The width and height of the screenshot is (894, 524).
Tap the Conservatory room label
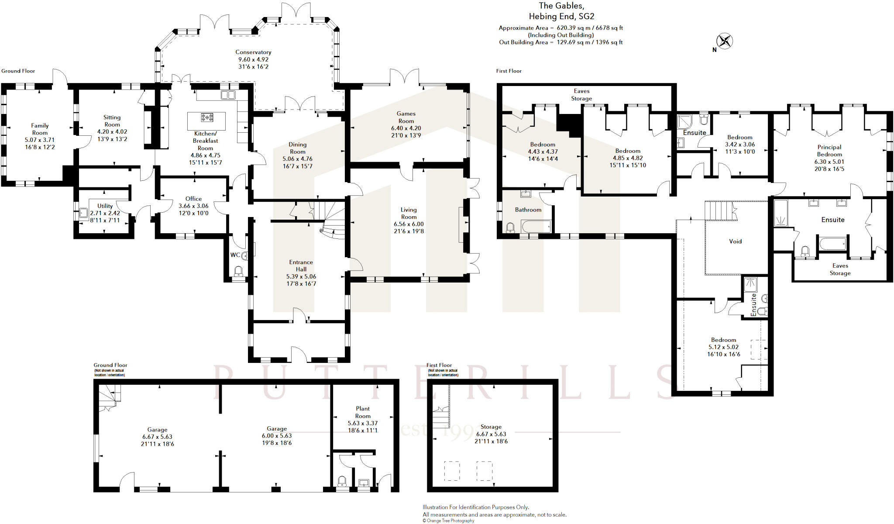(x=253, y=52)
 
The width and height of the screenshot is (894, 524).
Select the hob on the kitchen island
(x=207, y=117)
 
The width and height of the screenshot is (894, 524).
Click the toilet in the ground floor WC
(x=238, y=272)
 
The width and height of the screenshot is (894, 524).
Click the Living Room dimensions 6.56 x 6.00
(x=409, y=224)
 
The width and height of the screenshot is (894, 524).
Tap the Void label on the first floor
(x=735, y=241)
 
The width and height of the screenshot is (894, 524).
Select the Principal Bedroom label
(x=829, y=151)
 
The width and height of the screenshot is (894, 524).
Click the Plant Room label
(x=362, y=412)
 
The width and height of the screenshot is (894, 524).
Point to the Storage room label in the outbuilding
(x=491, y=427)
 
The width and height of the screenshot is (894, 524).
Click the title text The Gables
(x=561, y=6)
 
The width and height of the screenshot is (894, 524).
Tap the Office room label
(x=193, y=198)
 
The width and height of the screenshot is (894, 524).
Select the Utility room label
(x=105, y=206)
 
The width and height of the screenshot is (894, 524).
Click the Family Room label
(x=40, y=129)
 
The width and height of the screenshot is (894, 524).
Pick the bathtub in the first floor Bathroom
(x=536, y=226)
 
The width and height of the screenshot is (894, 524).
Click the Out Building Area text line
(x=560, y=42)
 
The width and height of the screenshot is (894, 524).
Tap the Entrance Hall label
(x=301, y=265)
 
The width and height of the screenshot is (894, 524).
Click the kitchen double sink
(x=228, y=95)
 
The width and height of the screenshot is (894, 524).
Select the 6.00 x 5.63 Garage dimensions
(x=277, y=436)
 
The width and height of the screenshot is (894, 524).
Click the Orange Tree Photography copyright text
(x=448, y=521)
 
